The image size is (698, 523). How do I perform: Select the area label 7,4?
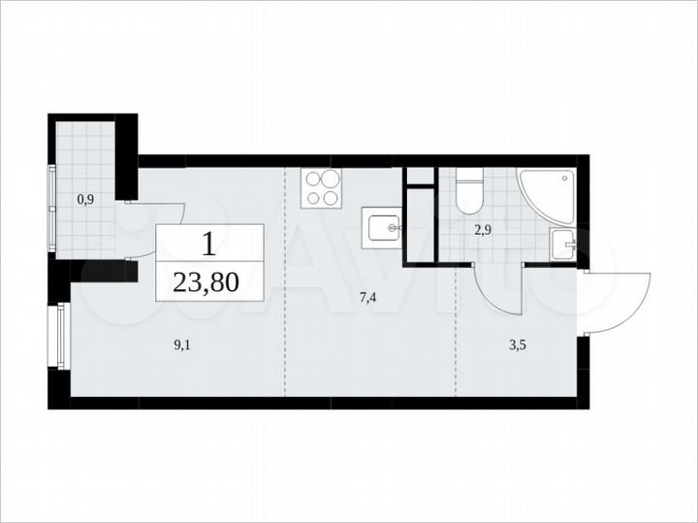(x=367, y=298)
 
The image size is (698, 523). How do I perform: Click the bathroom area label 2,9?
(x=484, y=231)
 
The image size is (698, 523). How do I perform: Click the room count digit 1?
(x=208, y=242)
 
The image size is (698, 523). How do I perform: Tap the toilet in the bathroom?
(x=469, y=192)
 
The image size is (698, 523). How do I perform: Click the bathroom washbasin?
(x=561, y=245)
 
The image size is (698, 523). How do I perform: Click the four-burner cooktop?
(x=322, y=187)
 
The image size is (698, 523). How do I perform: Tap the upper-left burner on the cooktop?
(x=313, y=179)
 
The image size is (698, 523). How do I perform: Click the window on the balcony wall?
(x=52, y=210)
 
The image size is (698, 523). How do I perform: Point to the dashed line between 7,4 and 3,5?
(x=457, y=330)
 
